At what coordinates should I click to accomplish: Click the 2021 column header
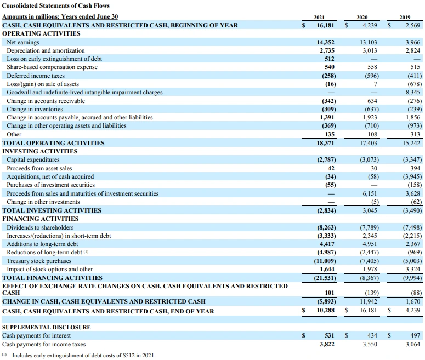pyautogui.click(x=326, y=17)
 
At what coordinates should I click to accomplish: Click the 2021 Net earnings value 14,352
pyautogui.click(x=326, y=42)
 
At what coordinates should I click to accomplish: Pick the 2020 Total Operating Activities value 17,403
pyautogui.click(x=368, y=142)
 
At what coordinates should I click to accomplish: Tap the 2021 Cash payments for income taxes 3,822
pyautogui.click(x=326, y=344)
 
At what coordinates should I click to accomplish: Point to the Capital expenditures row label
pyautogui.click(x=33, y=159)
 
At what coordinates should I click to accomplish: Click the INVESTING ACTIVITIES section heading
pyautogui.click(x=40, y=151)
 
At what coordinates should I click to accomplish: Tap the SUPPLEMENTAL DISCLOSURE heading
pyautogui.click(x=47, y=327)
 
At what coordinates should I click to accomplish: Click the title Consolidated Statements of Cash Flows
pyautogui.click(x=56, y=6)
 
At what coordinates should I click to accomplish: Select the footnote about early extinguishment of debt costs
pyautogui.click(x=80, y=356)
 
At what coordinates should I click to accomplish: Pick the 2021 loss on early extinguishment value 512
pyautogui.click(x=330, y=59)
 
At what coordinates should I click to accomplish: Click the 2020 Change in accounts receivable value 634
pyautogui.click(x=372, y=101)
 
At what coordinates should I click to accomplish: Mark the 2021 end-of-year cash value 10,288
pyautogui.click(x=326, y=311)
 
